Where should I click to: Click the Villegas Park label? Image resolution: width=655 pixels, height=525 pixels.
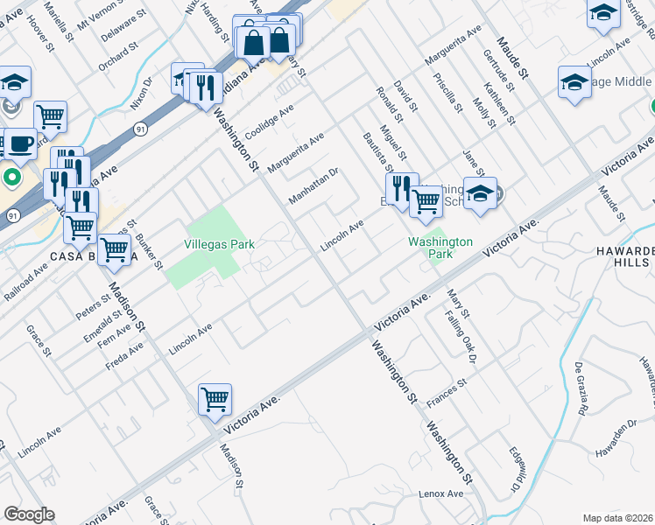pyautogui.click(x=219, y=245)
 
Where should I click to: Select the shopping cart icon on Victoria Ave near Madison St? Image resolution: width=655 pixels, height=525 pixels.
pyautogui.click(x=215, y=399)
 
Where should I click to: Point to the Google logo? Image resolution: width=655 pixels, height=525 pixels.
pyautogui.click(x=29, y=514)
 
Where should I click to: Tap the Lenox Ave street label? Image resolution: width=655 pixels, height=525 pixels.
pyautogui.click(x=440, y=494)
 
